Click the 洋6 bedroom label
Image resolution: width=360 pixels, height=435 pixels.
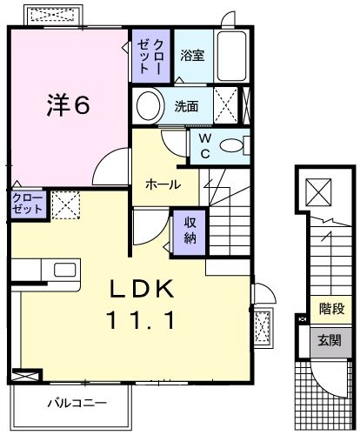pyautogui.click(x=69, y=105)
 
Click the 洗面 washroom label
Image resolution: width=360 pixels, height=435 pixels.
pyautogui.click(x=186, y=107)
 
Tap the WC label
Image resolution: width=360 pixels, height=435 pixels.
pyautogui.click(x=204, y=144)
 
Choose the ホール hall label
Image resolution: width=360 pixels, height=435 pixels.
pyautogui.click(x=163, y=184)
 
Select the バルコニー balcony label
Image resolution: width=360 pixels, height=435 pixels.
pyautogui.click(x=77, y=405)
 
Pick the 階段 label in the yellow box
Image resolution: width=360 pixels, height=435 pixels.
pyautogui.click(x=331, y=307)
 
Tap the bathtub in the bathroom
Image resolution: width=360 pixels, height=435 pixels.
pyautogui.click(x=232, y=57)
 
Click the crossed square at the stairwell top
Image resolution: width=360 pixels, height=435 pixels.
pyautogui.click(x=318, y=191)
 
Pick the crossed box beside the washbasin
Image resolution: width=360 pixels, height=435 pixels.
pyautogui.click(x=225, y=107)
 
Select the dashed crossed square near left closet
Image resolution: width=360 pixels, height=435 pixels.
pyautogui.click(x=64, y=206)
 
